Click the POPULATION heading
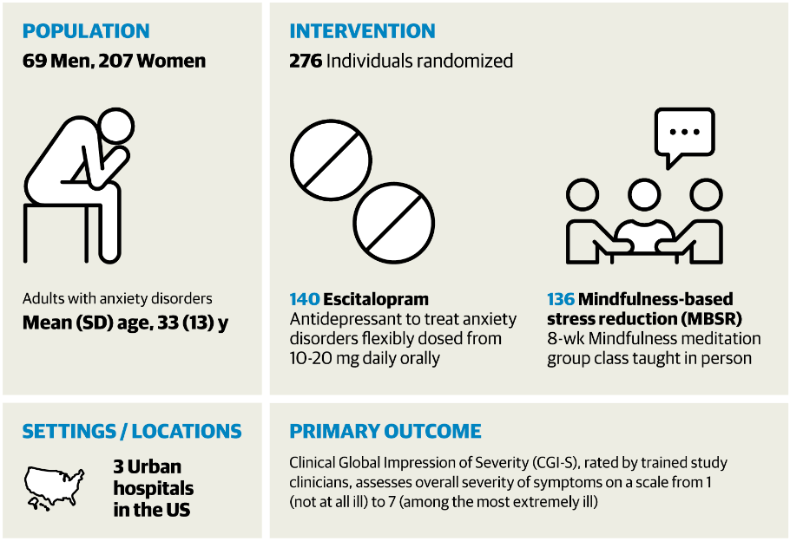point(86,31)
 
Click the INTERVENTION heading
point(362,31)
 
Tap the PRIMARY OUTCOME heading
point(385,431)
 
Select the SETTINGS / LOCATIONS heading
point(132,431)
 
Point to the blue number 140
point(304,299)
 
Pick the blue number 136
point(560,299)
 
